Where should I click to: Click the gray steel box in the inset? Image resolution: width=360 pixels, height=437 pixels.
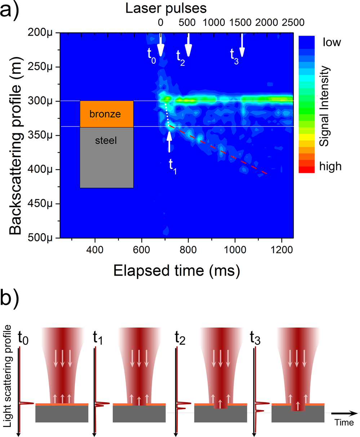coord(107,157)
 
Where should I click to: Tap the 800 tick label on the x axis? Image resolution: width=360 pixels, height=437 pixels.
coord(188,249)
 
